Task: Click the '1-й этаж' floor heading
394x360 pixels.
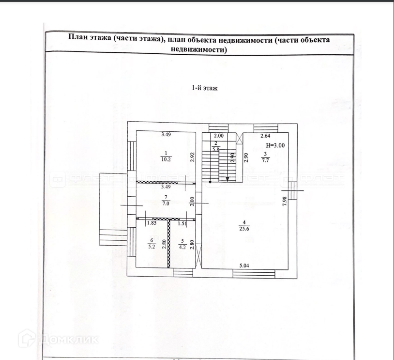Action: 205,88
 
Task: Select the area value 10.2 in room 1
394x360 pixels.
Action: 165,158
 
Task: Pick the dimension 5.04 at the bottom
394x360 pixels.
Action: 246,266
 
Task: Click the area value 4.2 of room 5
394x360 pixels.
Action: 182,246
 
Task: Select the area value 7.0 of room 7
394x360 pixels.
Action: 165,204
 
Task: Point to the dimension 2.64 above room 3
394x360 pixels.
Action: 265,136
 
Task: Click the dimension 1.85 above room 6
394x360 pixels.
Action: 151,224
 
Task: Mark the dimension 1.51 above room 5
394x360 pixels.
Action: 182,224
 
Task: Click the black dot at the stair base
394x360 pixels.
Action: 210,182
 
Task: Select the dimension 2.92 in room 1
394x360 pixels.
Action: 192,157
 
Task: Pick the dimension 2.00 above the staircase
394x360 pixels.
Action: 218,136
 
